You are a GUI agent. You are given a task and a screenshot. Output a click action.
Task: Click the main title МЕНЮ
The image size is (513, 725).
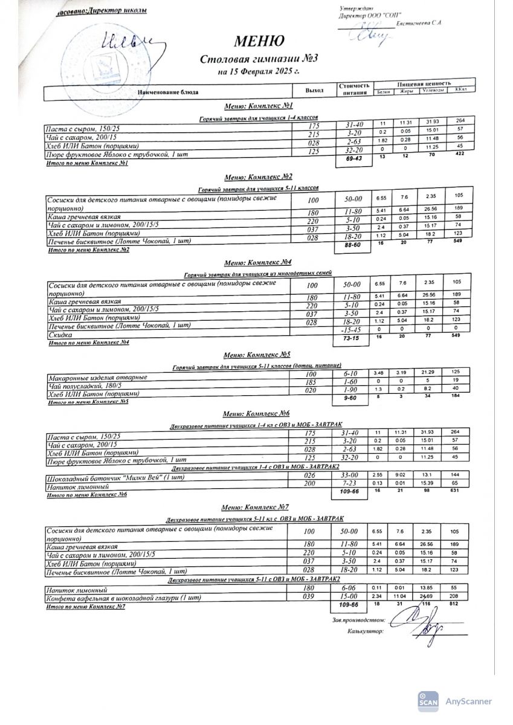coord(259,42)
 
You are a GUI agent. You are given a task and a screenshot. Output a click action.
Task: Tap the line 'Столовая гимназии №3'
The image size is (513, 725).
coord(259,59)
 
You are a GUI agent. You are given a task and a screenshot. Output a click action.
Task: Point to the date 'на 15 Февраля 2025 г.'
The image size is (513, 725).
coord(259,71)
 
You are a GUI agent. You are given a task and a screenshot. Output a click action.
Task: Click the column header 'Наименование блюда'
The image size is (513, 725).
coord(168,92)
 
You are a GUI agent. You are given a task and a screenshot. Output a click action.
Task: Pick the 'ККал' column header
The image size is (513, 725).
coord(462,90)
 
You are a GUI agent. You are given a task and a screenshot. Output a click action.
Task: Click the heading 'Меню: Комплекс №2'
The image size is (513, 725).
coord(258,177)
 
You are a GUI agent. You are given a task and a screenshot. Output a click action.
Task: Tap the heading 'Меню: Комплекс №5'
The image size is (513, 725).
coord(257,355)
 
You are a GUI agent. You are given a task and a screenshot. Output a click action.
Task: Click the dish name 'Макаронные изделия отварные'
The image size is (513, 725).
coord(97,378)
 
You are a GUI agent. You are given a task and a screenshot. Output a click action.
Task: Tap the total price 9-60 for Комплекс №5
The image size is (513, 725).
coord(353,399)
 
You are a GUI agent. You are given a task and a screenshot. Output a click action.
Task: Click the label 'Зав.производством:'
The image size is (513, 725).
coord(358,619)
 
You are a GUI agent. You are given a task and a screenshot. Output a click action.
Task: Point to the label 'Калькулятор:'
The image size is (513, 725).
coord(366,631)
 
